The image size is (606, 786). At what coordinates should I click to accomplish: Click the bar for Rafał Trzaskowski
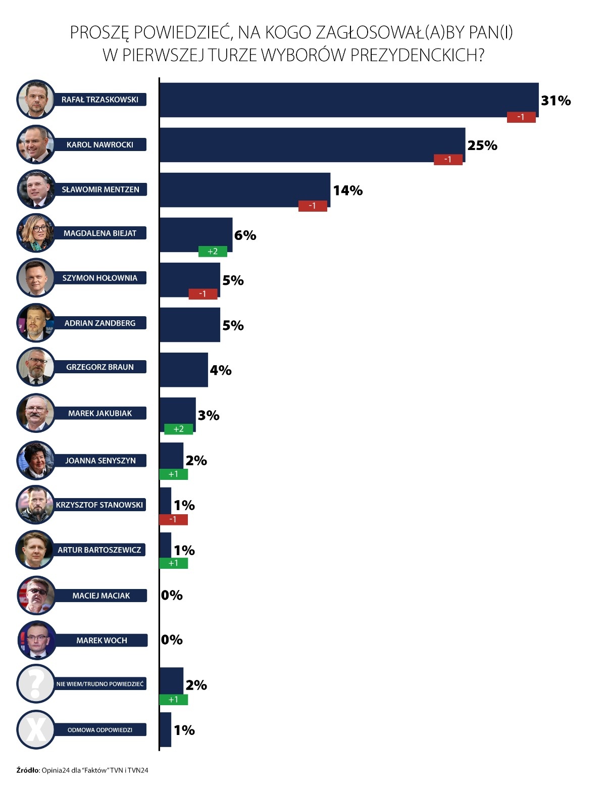pyautogui.click(x=348, y=100)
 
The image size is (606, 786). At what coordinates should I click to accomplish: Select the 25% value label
pyautogui.click(x=482, y=145)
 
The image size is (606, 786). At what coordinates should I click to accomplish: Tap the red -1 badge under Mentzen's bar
pyautogui.click(x=313, y=206)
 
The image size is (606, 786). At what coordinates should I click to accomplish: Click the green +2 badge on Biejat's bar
pyautogui.click(x=213, y=251)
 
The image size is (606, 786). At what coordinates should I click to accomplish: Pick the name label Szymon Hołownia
pyautogui.click(x=100, y=278)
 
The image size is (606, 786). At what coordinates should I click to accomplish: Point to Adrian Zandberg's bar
pyautogui.click(x=190, y=325)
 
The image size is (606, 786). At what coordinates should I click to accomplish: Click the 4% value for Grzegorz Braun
pyautogui.click(x=221, y=370)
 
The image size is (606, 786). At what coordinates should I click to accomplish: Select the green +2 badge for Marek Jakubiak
pyautogui.click(x=178, y=429)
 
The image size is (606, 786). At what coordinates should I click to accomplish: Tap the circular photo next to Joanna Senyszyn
pyautogui.click(x=35, y=460)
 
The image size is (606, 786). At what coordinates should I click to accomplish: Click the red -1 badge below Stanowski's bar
pyautogui.click(x=173, y=519)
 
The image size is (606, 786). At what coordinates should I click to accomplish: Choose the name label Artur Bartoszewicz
pyautogui.click(x=99, y=550)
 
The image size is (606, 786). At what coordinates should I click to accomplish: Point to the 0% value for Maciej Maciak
pyautogui.click(x=172, y=595)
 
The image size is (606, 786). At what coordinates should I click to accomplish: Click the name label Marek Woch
pyautogui.click(x=102, y=640)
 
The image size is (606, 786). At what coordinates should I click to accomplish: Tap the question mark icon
pyautogui.click(x=35, y=684)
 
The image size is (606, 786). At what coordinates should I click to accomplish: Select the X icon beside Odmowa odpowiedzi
pyautogui.click(x=35, y=729)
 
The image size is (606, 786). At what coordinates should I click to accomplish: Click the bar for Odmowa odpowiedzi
pyautogui.click(x=165, y=729)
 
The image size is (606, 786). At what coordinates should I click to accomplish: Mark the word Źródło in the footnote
pyautogui.click(x=28, y=770)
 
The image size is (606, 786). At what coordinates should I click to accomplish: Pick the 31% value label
pyautogui.click(x=555, y=101)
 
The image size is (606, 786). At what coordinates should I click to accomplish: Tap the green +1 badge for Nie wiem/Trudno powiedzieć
pyautogui.click(x=173, y=700)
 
